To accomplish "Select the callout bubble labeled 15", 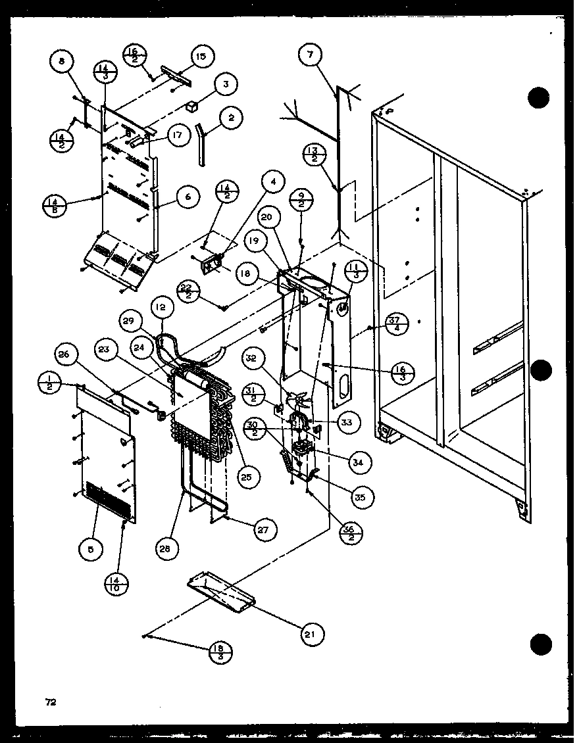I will pos(201,57).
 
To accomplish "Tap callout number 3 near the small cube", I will pos(225,84).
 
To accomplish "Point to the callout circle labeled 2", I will pos(231,118).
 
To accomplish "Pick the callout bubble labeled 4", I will pos(271,180).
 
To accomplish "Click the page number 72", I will pos(49,702).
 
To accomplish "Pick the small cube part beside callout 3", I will pos(192,105).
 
